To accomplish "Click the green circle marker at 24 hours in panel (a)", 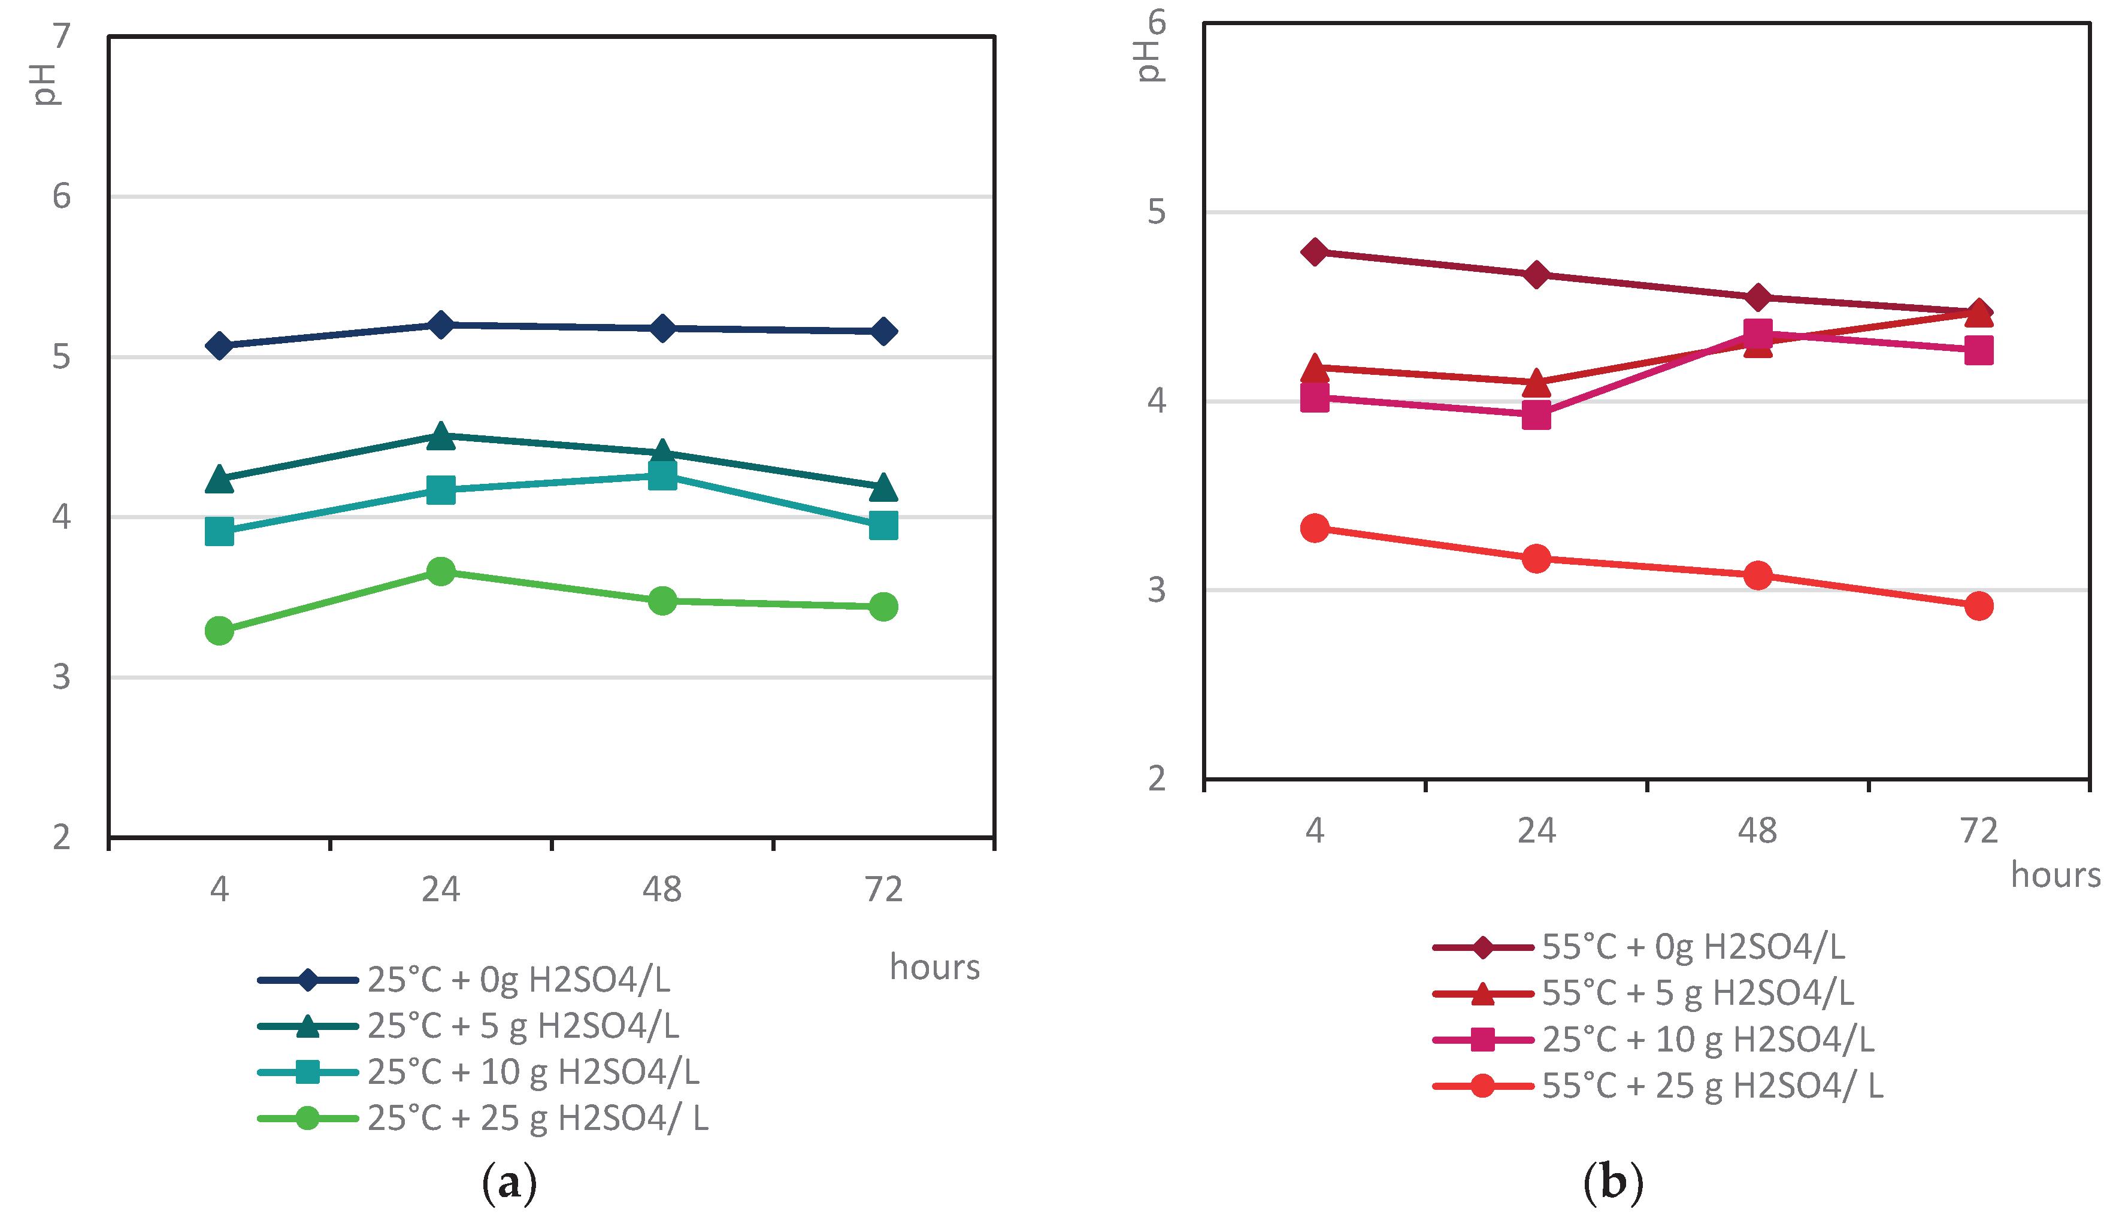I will (x=440, y=572).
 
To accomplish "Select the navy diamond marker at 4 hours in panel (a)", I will (x=219, y=346).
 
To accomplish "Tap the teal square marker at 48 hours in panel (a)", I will (x=662, y=476).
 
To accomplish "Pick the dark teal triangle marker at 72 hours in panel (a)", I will (x=882, y=487).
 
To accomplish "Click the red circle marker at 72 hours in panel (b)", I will (x=1978, y=605).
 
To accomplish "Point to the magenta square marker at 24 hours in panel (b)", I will (x=1536, y=415).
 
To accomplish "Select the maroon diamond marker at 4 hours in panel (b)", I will (x=1314, y=252).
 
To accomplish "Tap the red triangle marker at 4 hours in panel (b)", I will (x=1314, y=368).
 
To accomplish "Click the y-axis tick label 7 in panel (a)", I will (x=61, y=36).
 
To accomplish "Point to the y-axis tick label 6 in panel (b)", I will (x=1157, y=23).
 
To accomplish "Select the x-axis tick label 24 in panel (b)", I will (x=1536, y=831).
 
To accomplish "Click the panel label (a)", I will (x=509, y=1183).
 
